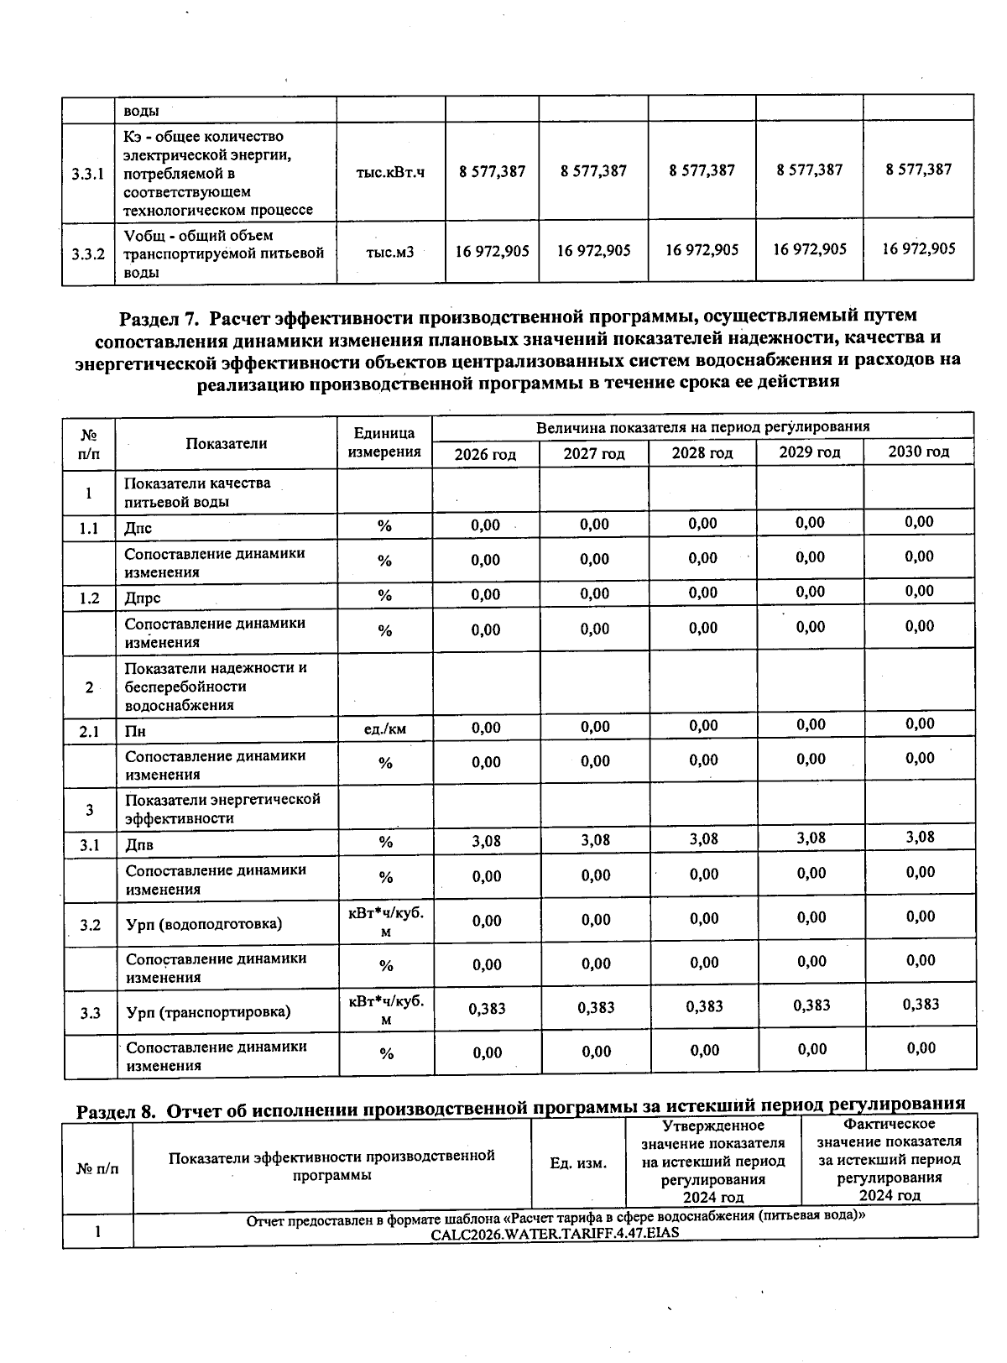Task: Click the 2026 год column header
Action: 485,454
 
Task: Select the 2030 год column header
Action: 919,452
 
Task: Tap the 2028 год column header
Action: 702,453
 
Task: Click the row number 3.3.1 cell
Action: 88,175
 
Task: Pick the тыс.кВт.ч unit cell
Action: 390,172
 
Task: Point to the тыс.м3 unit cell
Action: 390,251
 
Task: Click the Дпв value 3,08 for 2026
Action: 486,841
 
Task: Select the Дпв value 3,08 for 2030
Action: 921,837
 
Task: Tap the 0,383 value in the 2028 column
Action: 704,1006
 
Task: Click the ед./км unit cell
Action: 385,728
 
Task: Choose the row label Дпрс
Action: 143,598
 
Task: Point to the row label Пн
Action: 135,731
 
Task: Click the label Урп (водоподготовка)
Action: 204,924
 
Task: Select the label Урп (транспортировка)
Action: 208,1012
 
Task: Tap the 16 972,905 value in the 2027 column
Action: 593,251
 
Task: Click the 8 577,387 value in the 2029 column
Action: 810,170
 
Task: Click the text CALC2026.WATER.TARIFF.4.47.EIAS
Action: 555,1233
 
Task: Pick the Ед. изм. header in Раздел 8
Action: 577,1163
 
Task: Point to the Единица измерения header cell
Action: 384,442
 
